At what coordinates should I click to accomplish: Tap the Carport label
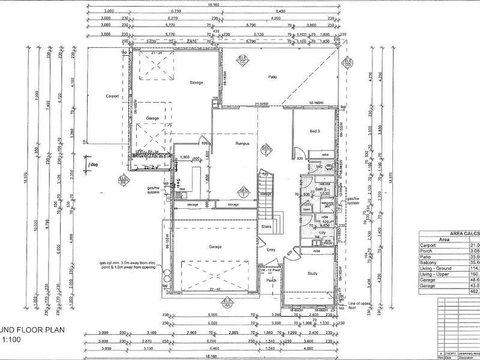coord(111,96)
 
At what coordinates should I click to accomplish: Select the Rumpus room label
coord(242,143)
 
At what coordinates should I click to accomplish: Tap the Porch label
coord(271,280)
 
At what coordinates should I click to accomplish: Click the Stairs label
coord(266,227)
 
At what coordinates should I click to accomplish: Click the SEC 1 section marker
coord(244,193)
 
